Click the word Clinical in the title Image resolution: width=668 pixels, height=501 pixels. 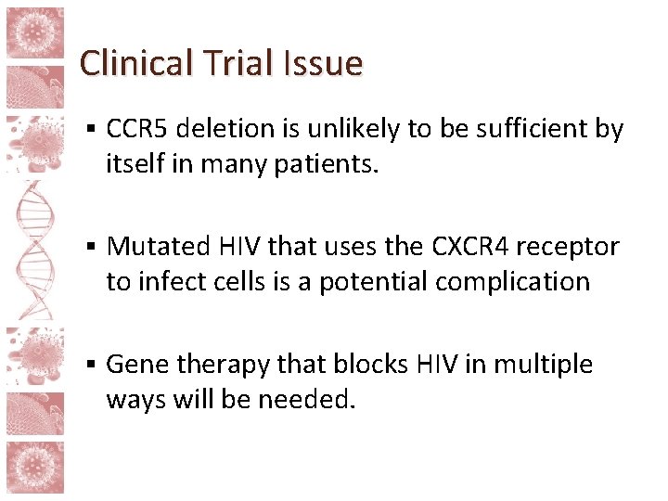pos(135,63)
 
